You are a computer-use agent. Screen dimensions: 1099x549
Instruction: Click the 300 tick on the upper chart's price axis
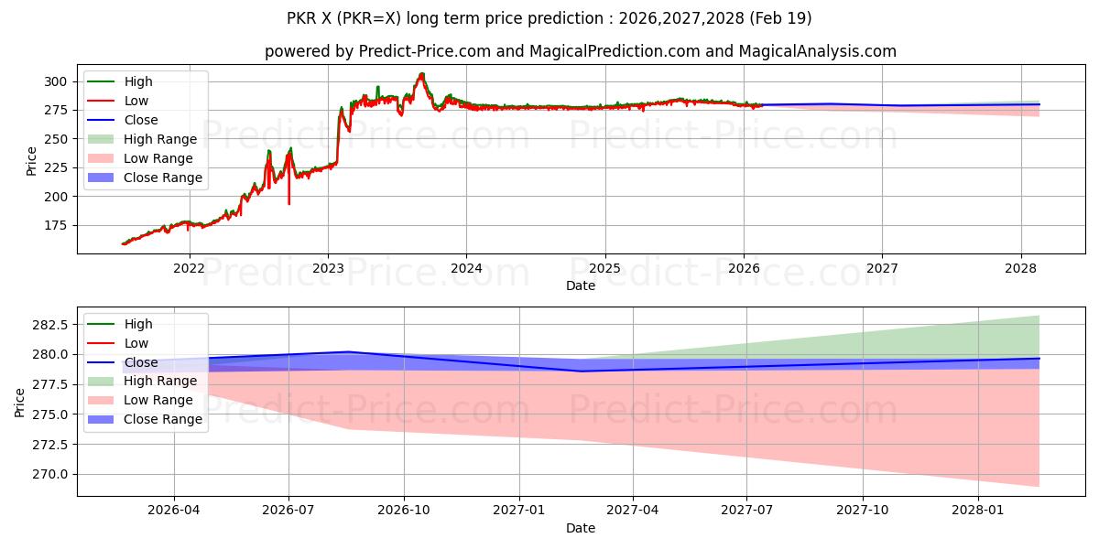(x=55, y=81)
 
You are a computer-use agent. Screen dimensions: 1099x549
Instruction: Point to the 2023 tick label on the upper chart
(x=328, y=268)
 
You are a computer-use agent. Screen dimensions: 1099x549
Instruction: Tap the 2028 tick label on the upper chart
(x=1020, y=268)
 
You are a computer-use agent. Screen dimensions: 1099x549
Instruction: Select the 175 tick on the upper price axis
(x=55, y=225)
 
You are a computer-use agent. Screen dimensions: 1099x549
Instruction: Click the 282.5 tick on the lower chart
(x=51, y=325)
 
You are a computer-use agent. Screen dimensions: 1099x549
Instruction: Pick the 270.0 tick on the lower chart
(x=51, y=474)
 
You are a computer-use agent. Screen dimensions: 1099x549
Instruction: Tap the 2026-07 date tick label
(x=288, y=511)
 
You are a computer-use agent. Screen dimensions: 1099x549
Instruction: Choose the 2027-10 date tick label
(x=862, y=511)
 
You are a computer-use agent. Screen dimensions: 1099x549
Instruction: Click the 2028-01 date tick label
(x=978, y=511)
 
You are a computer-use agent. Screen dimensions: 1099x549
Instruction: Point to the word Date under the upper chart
(x=581, y=285)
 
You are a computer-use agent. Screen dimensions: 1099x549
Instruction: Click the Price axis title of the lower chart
(x=19, y=403)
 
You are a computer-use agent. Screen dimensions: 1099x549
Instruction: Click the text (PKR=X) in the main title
(x=369, y=18)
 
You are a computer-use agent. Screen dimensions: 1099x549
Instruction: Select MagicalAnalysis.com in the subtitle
(x=817, y=51)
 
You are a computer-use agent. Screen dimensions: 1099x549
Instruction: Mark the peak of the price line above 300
(x=421, y=73)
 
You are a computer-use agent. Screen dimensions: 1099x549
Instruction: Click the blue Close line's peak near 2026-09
(x=348, y=352)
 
